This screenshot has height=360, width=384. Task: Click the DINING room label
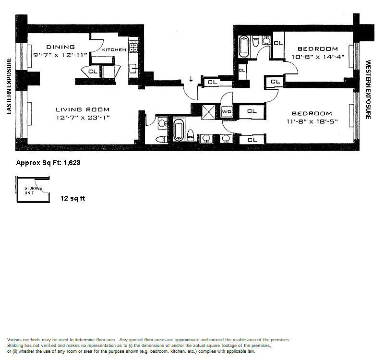coord(60,47)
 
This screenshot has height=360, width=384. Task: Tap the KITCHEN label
coord(114,50)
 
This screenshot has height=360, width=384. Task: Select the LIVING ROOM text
coord(83,109)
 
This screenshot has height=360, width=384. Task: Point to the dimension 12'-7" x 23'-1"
coord(83,118)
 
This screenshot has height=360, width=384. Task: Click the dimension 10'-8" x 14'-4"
coord(318,57)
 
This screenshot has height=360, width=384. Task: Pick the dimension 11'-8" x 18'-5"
coord(312,121)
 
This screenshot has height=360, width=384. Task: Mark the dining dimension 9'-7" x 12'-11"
coord(60,55)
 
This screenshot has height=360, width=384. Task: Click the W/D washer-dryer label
coord(227,112)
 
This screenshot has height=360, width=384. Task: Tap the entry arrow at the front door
coord(191,79)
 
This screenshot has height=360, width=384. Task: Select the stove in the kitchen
coord(133,47)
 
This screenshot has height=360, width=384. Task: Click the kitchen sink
coord(133,68)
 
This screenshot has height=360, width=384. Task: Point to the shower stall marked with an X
coord(208,112)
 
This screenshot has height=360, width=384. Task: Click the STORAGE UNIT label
coord(33,191)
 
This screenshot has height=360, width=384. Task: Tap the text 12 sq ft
coord(73,198)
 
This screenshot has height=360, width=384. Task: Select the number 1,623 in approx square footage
coord(72,163)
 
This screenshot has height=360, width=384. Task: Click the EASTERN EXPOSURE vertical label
coord(9,86)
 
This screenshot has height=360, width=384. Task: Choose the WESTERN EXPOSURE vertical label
coord(368,90)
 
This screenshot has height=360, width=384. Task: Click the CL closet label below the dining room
coord(93,72)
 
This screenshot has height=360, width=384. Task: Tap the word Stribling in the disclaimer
coord(15,346)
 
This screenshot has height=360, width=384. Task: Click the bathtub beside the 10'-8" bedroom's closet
coord(244,47)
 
